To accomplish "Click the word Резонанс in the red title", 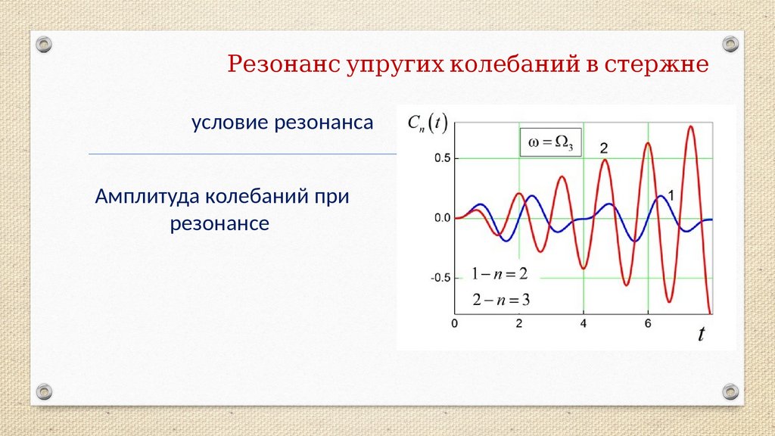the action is pyautogui.click(x=284, y=64).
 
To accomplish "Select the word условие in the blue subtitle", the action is pyautogui.click(x=230, y=123).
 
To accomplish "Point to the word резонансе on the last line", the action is pyautogui.click(x=220, y=223).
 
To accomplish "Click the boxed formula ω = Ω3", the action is pyautogui.click(x=551, y=142).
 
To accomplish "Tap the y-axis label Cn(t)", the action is pyautogui.click(x=428, y=123).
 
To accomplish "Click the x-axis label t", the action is pyautogui.click(x=702, y=334).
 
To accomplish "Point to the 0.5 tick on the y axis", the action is pyautogui.click(x=443, y=158).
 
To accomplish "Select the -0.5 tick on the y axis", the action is pyautogui.click(x=441, y=278).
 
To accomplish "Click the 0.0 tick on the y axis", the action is pyautogui.click(x=443, y=218).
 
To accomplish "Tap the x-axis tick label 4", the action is pyautogui.click(x=584, y=324).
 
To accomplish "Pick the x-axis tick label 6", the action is pyautogui.click(x=648, y=324).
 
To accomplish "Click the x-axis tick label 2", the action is pyautogui.click(x=519, y=324).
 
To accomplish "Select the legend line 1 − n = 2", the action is pyautogui.click(x=500, y=274).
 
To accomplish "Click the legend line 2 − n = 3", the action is pyautogui.click(x=501, y=300).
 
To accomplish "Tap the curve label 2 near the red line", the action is pyautogui.click(x=604, y=148).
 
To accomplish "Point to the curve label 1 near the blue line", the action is pyautogui.click(x=671, y=196).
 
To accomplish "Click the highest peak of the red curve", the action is pyautogui.click(x=691, y=126).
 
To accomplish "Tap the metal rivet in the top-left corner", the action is pyautogui.click(x=44, y=45).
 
